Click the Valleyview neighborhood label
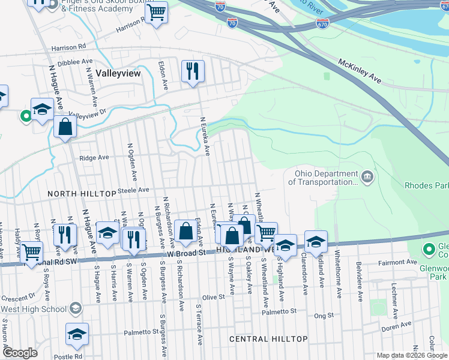point(118,73)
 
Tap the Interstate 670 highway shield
point(323,23)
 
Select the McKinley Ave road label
point(360,71)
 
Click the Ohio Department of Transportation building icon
point(367,178)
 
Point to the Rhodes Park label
point(426,186)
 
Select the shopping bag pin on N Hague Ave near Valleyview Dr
point(65,127)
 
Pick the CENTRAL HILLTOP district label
point(269,339)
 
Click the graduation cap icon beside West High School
point(76,309)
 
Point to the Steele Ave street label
point(133,190)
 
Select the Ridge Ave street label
point(94,158)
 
